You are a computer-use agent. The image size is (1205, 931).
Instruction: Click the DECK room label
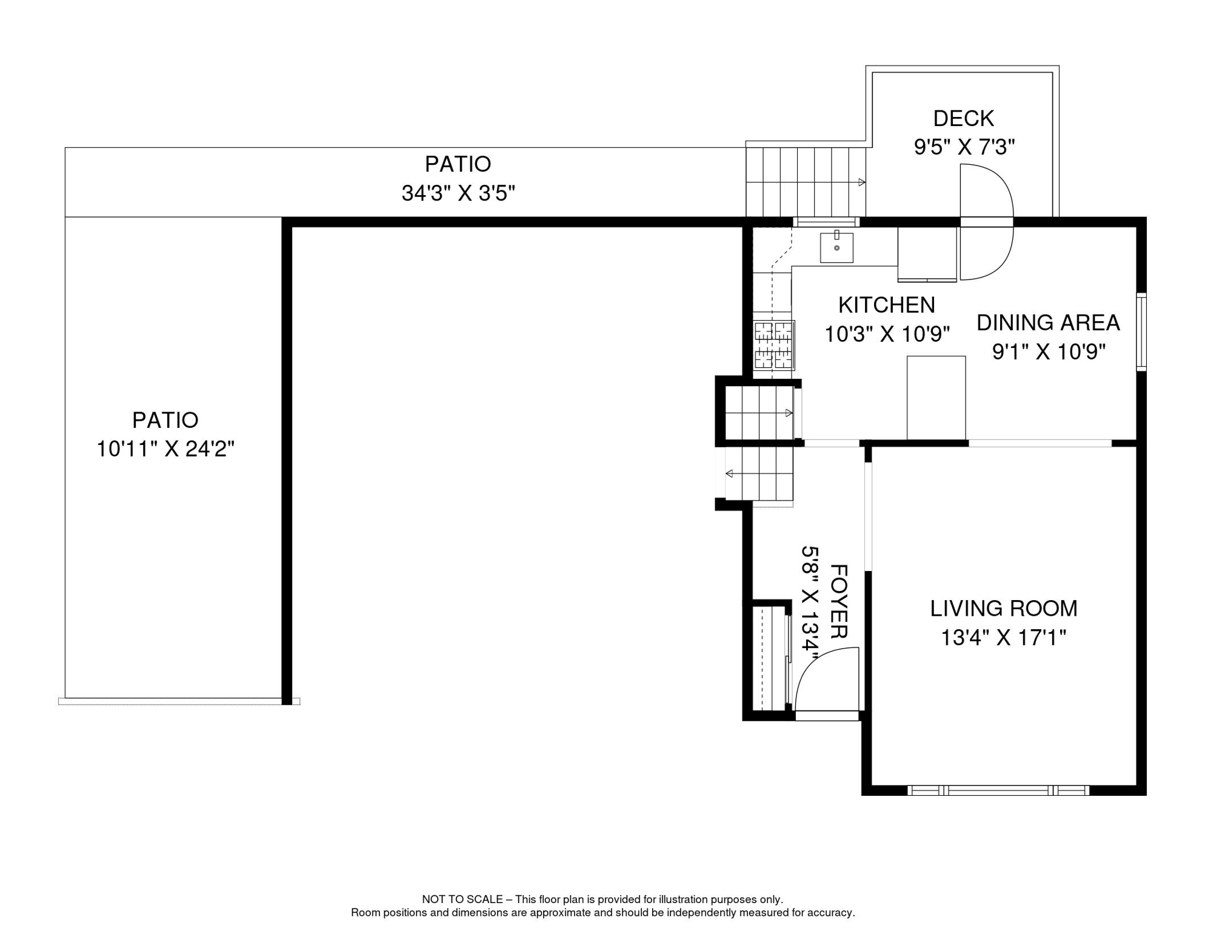click(963, 118)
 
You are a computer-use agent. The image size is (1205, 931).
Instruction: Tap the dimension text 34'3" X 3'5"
click(458, 193)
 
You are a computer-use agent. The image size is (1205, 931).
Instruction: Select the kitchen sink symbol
click(836, 247)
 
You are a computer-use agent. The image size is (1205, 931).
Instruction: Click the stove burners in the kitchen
click(773, 345)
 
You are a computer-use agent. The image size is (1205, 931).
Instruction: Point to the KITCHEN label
click(886, 305)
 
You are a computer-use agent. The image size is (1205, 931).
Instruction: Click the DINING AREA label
click(1047, 322)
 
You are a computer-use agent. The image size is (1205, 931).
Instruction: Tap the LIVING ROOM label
click(1003, 609)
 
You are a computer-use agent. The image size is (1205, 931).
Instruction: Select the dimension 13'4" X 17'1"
click(1003, 638)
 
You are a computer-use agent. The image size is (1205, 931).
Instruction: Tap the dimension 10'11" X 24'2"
click(165, 449)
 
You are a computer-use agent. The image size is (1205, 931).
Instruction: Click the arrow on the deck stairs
click(861, 182)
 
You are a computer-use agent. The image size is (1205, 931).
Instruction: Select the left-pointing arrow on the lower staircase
click(729, 473)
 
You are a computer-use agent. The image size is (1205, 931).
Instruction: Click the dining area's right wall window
click(1141, 332)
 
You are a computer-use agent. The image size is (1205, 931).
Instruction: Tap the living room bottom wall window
click(998, 790)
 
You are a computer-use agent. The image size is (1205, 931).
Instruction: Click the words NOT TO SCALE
click(462, 899)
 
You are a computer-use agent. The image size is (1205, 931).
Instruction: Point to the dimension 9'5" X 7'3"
click(964, 147)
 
